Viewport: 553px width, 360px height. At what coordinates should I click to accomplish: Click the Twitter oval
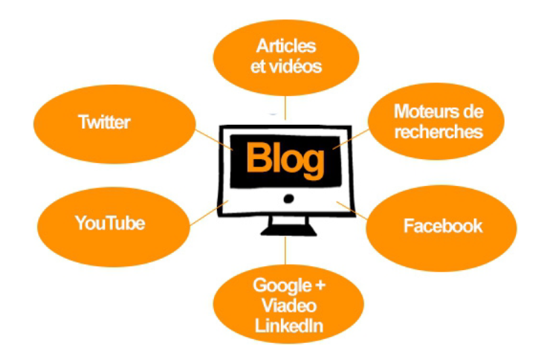104,122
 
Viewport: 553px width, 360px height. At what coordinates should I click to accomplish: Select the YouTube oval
109,222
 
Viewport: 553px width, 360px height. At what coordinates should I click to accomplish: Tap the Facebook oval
443,225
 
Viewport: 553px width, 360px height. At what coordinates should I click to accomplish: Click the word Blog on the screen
285,159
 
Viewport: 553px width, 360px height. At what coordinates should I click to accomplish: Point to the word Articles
286,47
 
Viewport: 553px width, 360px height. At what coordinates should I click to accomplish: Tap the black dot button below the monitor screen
289,199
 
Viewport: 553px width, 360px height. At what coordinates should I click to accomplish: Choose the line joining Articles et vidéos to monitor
285,108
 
